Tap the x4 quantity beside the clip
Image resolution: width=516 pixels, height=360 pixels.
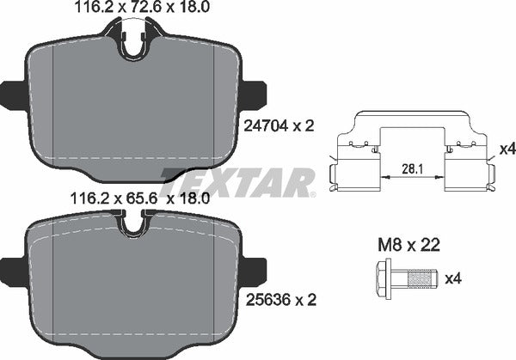[x=507, y=149]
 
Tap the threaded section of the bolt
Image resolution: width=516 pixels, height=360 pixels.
[x=421, y=278]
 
